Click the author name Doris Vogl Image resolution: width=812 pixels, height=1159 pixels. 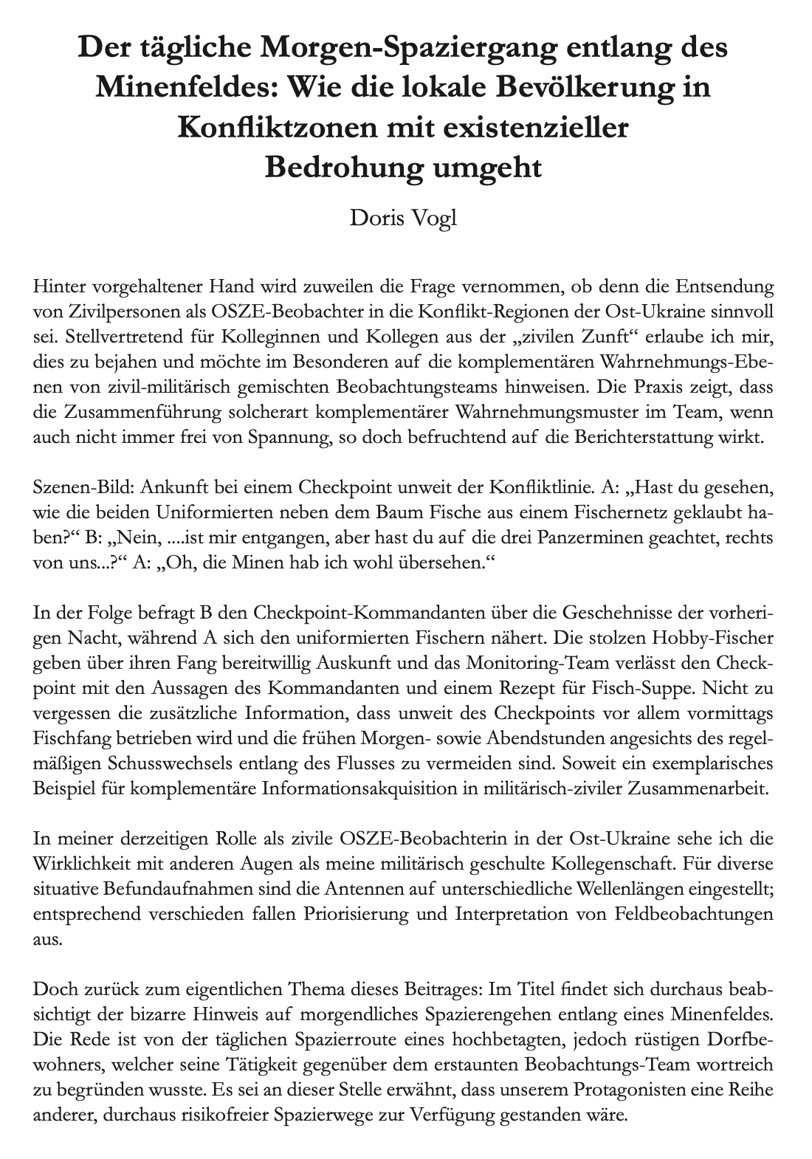coord(403,219)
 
